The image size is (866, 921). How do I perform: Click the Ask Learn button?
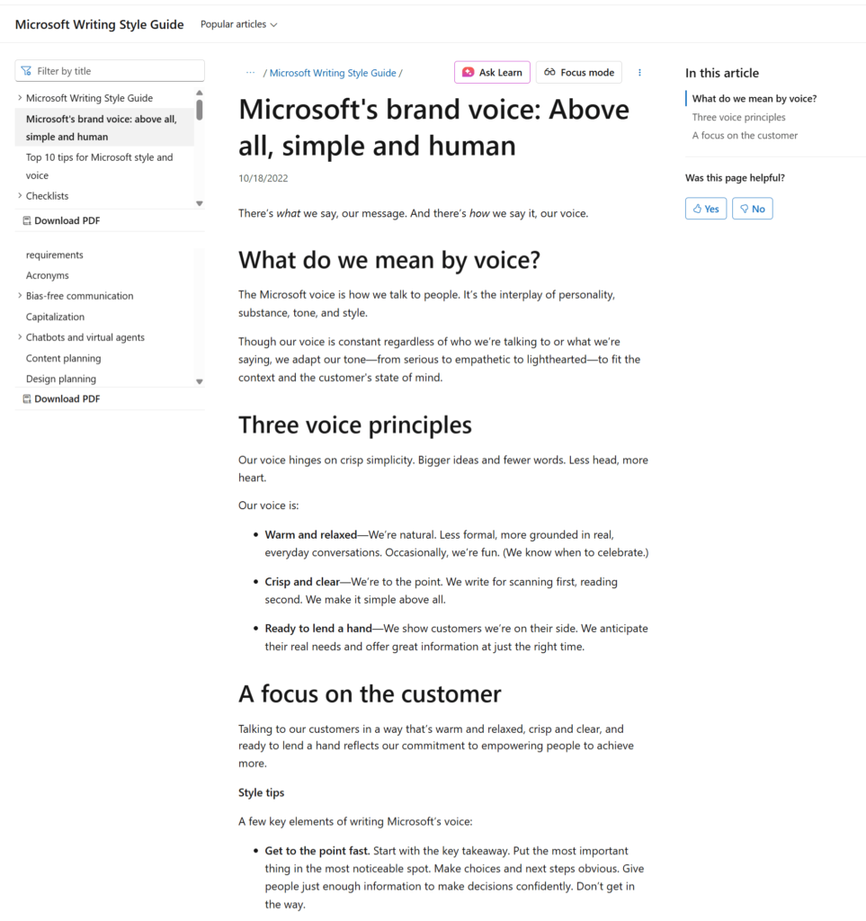(492, 72)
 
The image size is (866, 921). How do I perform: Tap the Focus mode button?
(578, 72)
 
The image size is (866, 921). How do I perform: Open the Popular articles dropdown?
(238, 24)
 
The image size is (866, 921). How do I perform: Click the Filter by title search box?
(110, 71)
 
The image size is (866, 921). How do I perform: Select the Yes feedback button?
(705, 209)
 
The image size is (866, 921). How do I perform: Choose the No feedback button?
(752, 209)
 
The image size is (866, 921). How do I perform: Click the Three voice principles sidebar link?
(738, 117)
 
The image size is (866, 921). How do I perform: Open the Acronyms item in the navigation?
(48, 275)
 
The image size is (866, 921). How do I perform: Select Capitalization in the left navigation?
(55, 317)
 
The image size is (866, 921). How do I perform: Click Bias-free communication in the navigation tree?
(79, 296)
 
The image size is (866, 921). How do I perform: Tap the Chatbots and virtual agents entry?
(85, 337)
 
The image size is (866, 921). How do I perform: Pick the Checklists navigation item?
(47, 196)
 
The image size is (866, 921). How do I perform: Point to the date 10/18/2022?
(263, 178)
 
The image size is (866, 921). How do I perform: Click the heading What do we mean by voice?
(388, 261)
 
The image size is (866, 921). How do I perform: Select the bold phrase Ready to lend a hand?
(317, 629)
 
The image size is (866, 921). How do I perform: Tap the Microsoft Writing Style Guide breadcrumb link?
(332, 73)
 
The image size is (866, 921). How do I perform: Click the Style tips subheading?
(261, 792)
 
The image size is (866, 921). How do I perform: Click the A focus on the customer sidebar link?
(745, 135)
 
